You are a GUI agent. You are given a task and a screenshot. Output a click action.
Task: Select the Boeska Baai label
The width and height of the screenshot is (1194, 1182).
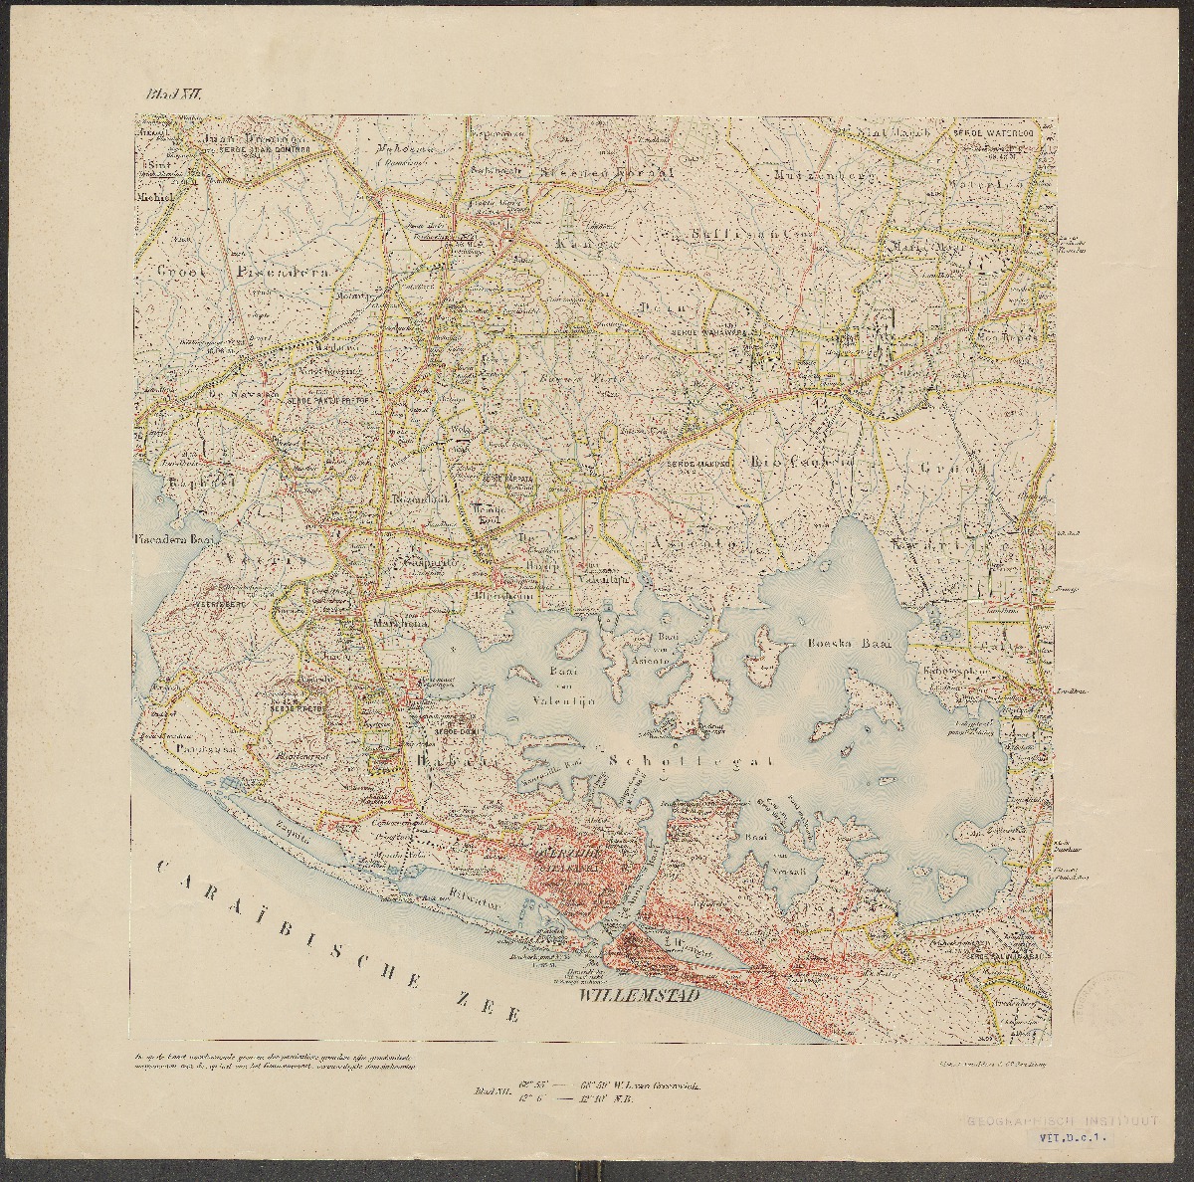(x=848, y=644)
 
